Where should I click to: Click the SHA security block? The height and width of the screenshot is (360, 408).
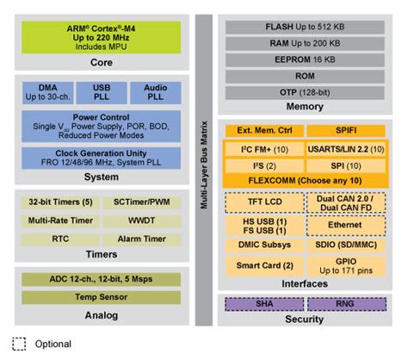click(264, 303)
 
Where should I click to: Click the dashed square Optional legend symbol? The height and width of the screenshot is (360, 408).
click(18, 344)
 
